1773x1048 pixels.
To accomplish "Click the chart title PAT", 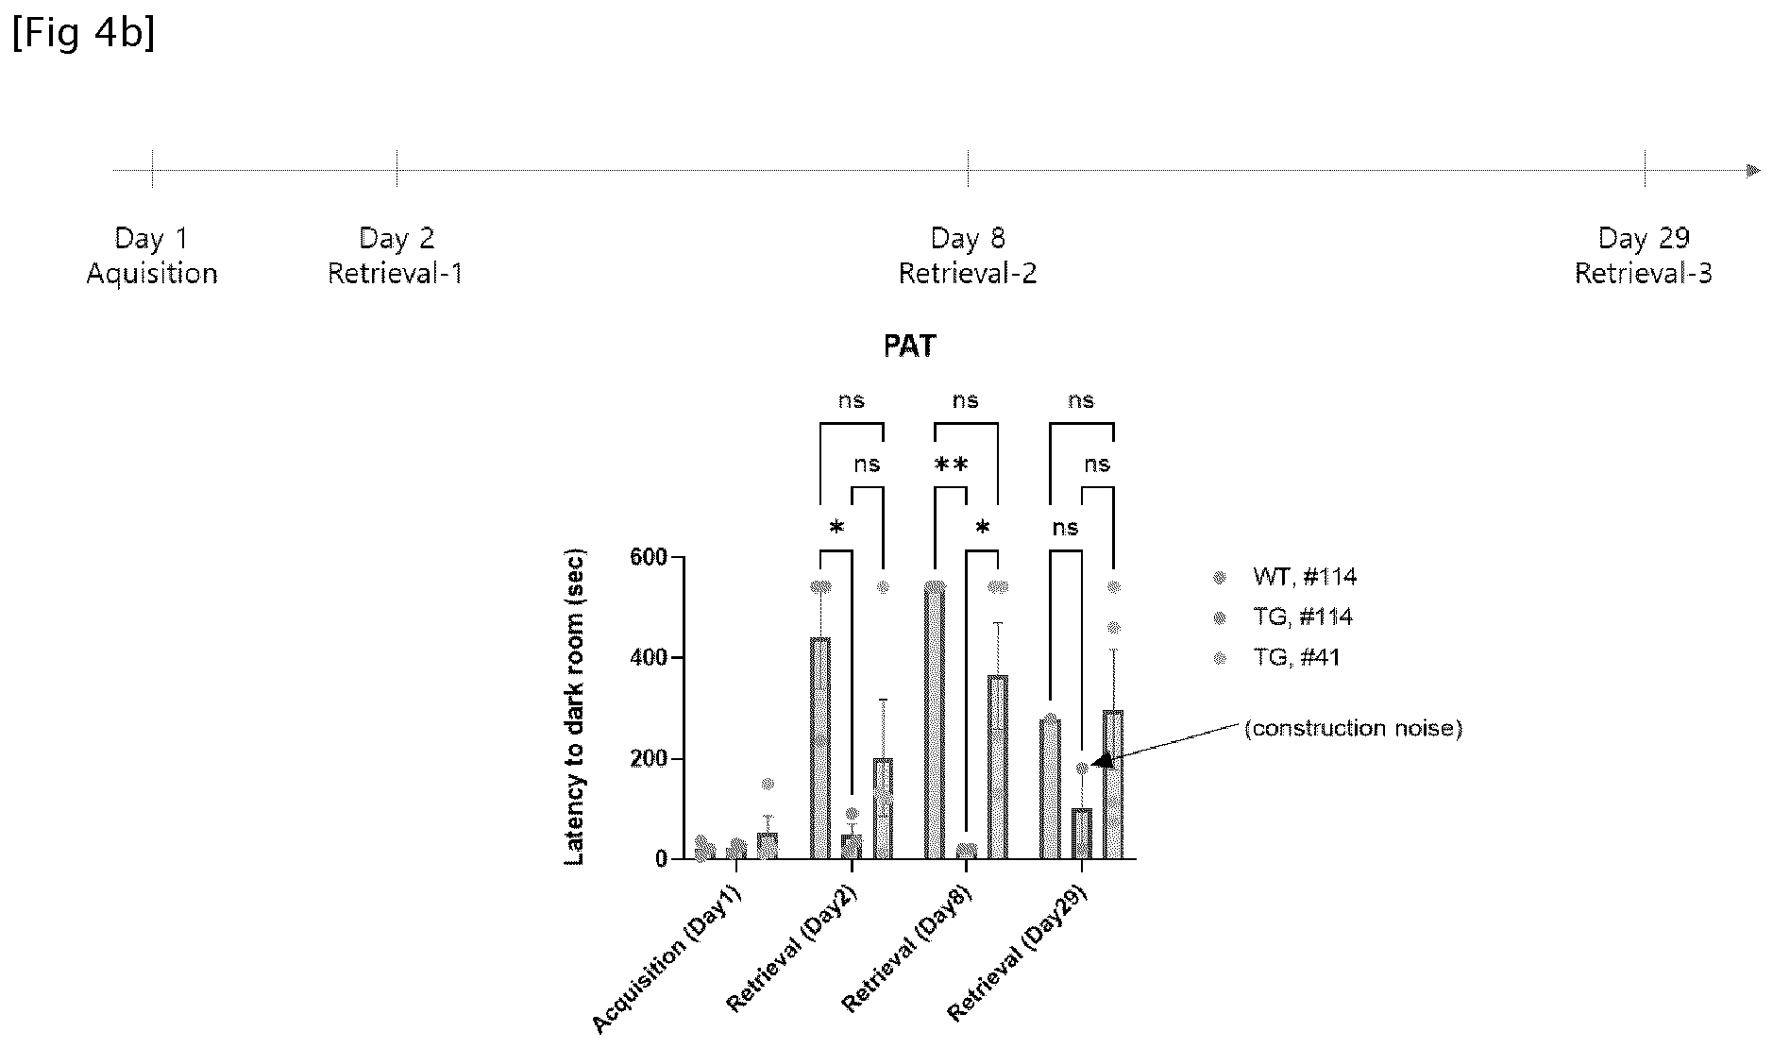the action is [910, 347].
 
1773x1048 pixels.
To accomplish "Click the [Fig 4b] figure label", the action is [83, 34].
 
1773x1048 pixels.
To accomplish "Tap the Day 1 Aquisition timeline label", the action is [152, 256].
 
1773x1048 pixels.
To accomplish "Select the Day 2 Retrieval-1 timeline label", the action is [396, 256].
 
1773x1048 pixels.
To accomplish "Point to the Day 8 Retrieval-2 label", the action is [968, 256].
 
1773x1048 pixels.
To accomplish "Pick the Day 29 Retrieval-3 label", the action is [1644, 256].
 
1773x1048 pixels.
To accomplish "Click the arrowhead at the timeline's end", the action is [1753, 171].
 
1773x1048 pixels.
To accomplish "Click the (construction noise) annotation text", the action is [1353, 728].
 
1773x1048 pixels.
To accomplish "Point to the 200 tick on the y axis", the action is [649, 759].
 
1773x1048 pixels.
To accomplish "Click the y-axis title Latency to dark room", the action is [575, 706].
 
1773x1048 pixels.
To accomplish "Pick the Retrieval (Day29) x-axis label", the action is [1018, 954].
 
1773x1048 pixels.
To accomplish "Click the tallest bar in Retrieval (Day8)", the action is [935, 722].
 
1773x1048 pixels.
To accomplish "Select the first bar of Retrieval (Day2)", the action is [820, 749].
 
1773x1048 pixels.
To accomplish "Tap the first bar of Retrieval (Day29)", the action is [1050, 789].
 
